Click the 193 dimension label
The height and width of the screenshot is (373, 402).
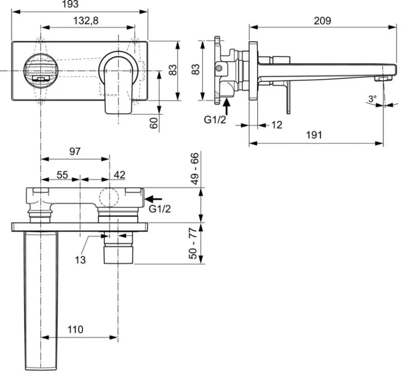tap(70, 4)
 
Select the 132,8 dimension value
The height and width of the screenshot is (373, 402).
tap(86, 21)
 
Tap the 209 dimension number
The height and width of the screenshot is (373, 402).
tap(322, 21)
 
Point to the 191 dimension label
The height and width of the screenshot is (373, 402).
tap(314, 135)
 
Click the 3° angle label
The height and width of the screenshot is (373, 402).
tap(373, 98)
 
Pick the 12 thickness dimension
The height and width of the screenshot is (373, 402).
tap(276, 125)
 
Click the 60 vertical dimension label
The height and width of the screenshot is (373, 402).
tap(154, 123)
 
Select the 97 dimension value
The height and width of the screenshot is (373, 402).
tap(75, 151)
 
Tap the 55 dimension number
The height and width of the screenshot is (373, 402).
tap(62, 175)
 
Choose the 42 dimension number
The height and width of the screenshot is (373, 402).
tap(119, 175)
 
